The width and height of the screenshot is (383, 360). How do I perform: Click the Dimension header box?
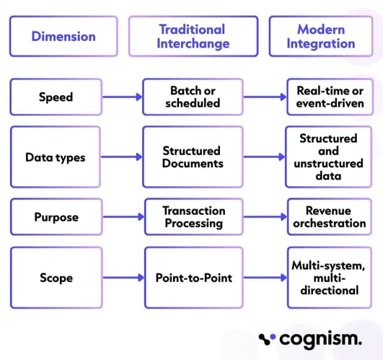[63, 36]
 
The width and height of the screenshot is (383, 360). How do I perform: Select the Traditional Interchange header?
[192, 36]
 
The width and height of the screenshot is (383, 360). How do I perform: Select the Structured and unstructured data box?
[329, 157]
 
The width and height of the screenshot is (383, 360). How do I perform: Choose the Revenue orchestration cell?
[329, 216]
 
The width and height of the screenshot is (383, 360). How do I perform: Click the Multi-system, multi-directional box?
[329, 277]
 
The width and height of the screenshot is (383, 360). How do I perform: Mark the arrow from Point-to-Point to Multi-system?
[264, 277]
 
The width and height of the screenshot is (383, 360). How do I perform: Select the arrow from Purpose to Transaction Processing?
[118, 216]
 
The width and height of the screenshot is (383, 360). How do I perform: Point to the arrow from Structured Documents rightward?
[264, 157]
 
